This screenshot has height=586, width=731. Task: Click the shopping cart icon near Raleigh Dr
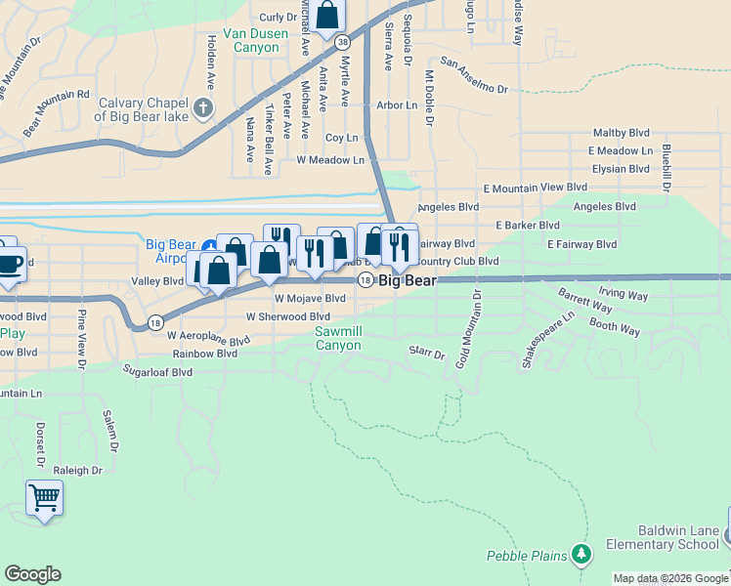[44, 497]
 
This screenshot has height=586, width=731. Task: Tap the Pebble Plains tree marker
[581, 555]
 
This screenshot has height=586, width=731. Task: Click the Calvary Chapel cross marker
[203, 107]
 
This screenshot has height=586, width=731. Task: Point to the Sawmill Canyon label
[338, 338]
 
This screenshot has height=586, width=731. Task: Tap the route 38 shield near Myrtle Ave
[342, 42]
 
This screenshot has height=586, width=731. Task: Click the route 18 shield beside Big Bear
[365, 280]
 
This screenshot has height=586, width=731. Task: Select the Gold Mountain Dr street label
[467, 328]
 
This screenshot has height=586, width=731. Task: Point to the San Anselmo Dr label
[475, 76]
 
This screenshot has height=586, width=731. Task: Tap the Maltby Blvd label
[622, 133]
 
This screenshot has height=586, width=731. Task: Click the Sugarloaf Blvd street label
[157, 372]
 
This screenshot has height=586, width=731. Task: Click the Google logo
[32, 574]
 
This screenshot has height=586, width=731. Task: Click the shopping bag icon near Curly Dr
[327, 15]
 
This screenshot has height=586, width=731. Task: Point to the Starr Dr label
[427, 352]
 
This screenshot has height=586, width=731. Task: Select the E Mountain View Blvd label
[536, 187]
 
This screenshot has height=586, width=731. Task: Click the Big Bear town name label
[408, 280]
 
